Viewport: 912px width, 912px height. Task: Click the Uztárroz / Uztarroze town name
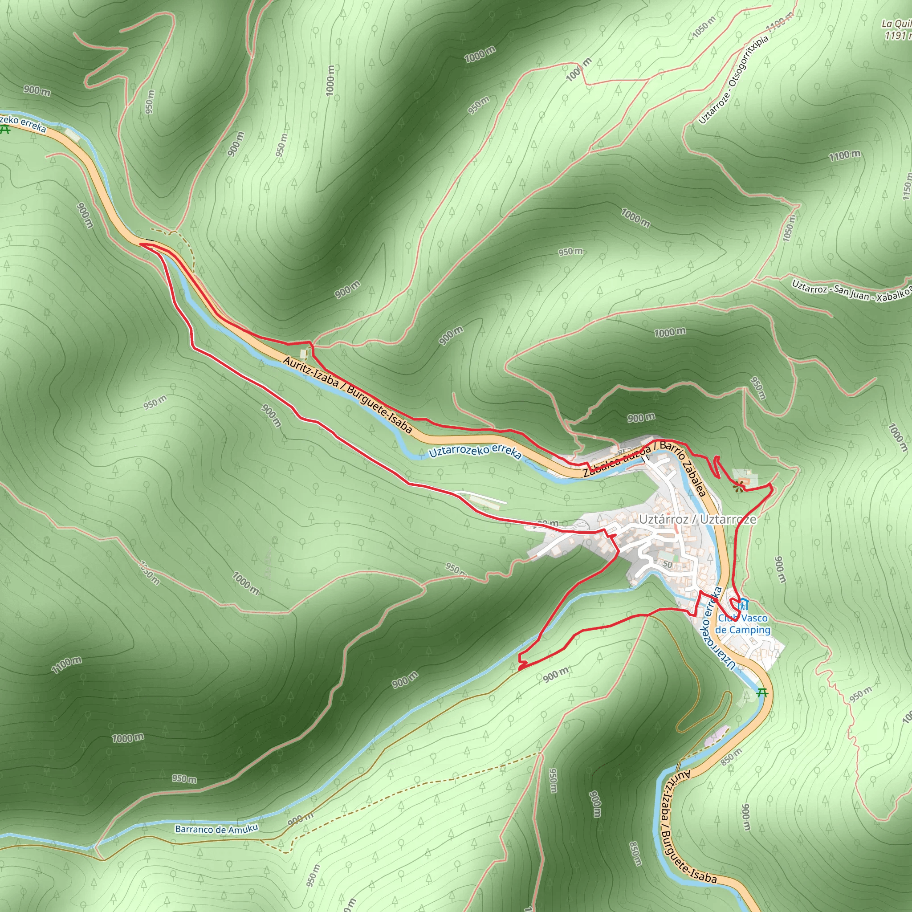point(697,520)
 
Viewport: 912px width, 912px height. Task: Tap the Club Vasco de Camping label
point(742,624)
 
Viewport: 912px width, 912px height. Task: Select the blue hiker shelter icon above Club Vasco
point(744,604)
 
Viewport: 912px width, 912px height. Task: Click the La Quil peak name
point(896,24)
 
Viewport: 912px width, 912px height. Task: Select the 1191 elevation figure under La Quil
point(897,36)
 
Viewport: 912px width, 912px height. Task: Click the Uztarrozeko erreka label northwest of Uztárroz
point(475,451)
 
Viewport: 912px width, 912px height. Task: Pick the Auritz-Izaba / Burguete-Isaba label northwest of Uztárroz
point(347,395)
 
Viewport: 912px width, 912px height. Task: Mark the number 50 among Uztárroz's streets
point(667,564)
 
